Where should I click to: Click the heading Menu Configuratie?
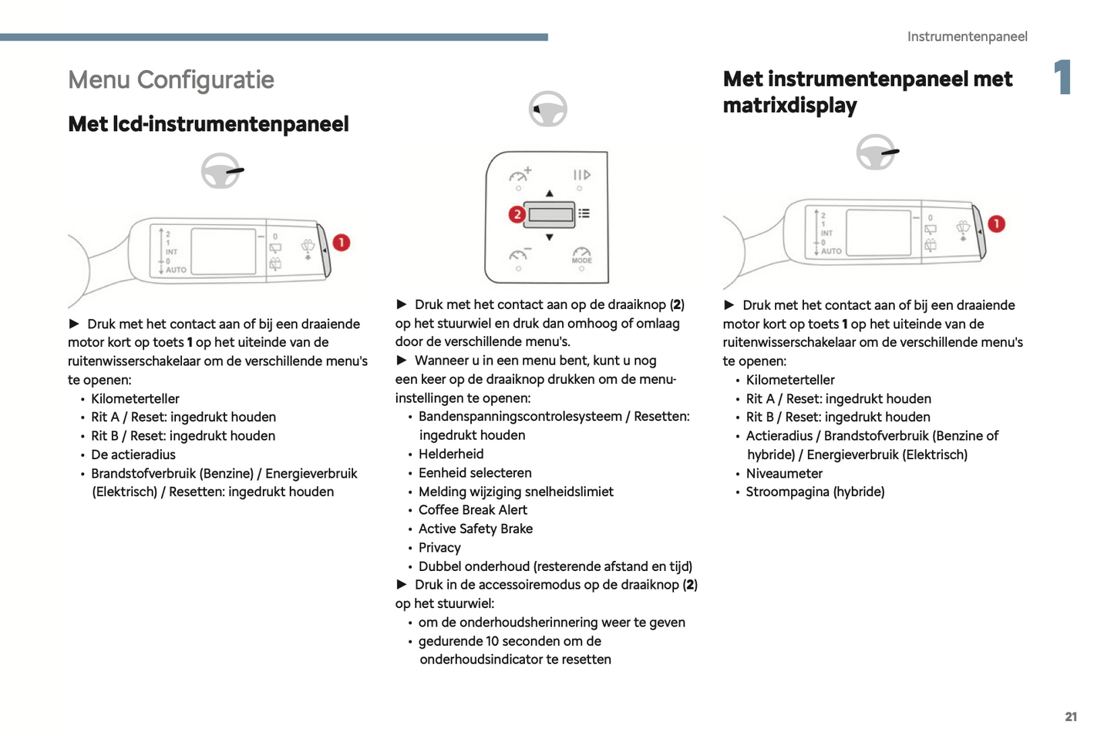[171, 80]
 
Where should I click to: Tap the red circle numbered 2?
[517, 214]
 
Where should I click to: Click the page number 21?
[1071, 717]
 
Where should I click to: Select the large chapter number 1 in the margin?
[1063, 77]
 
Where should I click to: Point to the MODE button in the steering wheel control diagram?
[581, 257]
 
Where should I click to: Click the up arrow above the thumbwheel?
[549, 193]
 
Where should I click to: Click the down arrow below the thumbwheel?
[549, 237]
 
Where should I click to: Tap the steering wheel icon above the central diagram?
[547, 109]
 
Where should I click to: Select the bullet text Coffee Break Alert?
[473, 510]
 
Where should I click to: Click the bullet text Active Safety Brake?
[476, 529]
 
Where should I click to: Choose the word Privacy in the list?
[439, 548]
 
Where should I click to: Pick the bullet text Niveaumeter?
[784, 474]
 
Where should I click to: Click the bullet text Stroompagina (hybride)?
[815, 492]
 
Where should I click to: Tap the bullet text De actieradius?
[133, 455]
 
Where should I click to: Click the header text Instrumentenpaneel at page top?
[967, 37]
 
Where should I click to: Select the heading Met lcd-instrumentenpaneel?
[208, 124]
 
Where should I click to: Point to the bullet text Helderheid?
[451, 455]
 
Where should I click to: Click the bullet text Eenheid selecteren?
[475, 473]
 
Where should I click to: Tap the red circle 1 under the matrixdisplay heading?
[996, 224]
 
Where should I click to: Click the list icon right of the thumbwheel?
[584, 213]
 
